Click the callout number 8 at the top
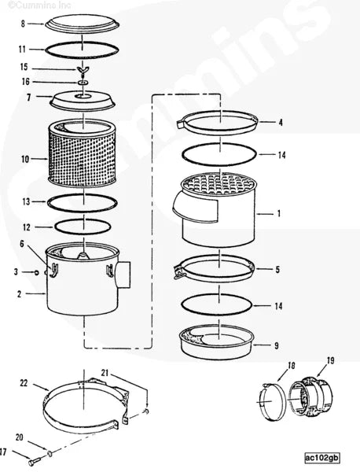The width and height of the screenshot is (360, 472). click(23, 24)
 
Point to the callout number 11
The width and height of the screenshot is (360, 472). click(23, 49)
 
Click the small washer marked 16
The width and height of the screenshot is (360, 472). click(83, 82)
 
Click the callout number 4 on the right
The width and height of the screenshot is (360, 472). click(280, 122)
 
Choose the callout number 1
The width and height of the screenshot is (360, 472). click(280, 212)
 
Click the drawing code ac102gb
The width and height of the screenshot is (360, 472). click(322, 457)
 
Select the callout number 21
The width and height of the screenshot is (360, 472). click(105, 372)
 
